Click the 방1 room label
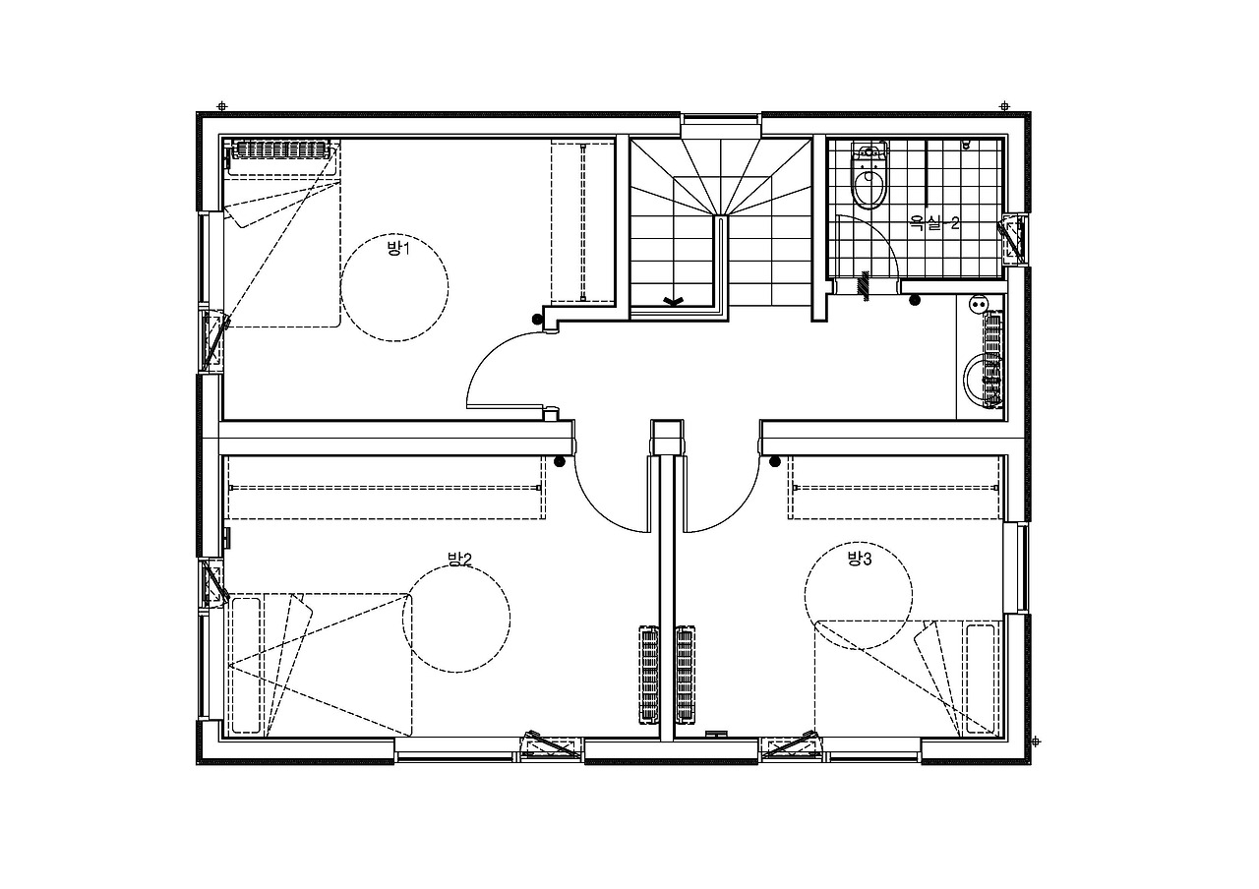tap(398, 248)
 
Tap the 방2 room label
tap(459, 559)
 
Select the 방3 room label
tap(860, 559)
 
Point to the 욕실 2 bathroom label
tap(934, 223)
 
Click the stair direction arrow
tap(672, 301)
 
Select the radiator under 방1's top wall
tap(281, 149)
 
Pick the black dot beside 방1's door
tap(537, 320)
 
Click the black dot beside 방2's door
tap(560, 462)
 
